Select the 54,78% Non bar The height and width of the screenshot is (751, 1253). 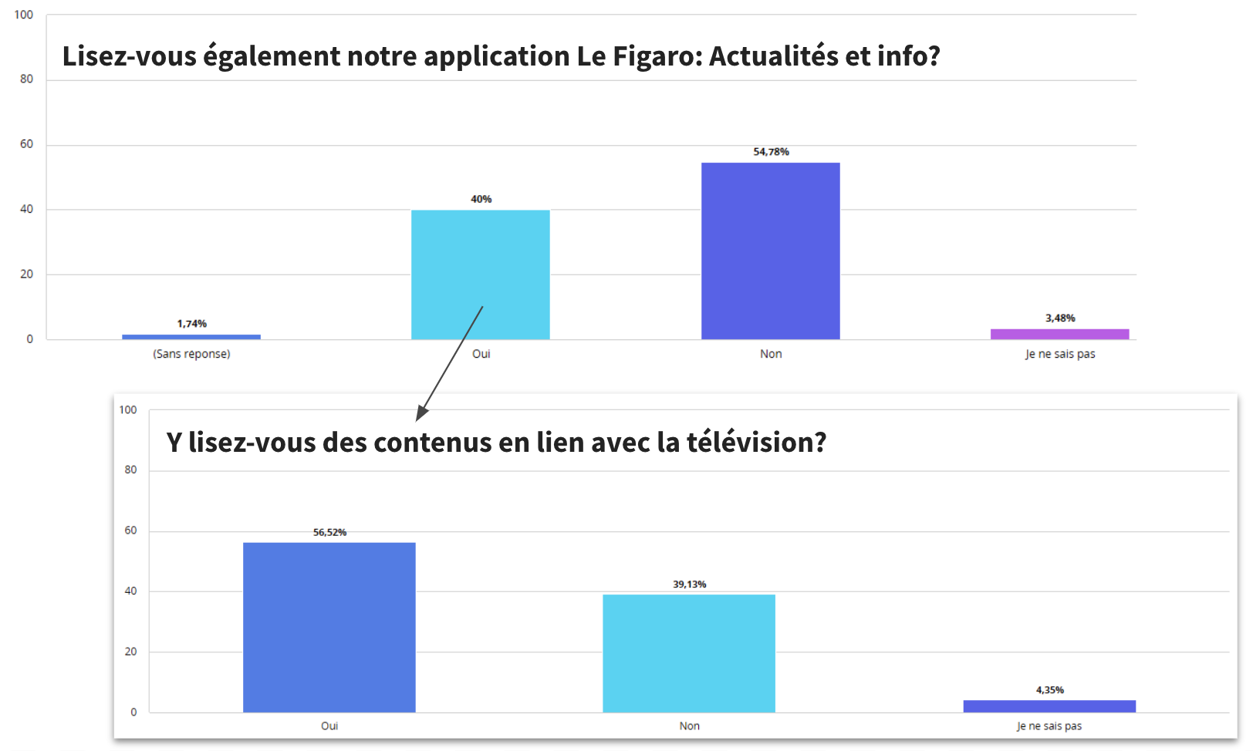point(770,251)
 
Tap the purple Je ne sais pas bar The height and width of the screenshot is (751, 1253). point(1059,334)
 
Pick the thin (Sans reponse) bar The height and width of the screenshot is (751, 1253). point(191,336)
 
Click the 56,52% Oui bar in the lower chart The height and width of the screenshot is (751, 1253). point(329,627)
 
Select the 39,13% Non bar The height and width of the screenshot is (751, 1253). point(689,653)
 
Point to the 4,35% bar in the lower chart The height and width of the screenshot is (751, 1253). point(1049,706)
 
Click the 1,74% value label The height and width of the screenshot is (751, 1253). point(192,324)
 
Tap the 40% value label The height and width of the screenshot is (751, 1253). point(481,199)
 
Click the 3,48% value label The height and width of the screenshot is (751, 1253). point(1060,318)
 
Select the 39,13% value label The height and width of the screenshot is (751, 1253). point(689,584)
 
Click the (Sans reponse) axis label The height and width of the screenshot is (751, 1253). point(191,354)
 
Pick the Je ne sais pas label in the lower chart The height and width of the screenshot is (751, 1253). point(1049,726)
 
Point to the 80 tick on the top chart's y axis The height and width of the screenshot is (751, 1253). point(27,79)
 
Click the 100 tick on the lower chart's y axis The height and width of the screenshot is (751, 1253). point(128,409)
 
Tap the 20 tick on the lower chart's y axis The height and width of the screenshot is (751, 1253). point(130,652)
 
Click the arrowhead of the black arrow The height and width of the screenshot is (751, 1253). point(420,414)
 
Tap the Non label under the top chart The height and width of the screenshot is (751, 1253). point(771,354)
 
